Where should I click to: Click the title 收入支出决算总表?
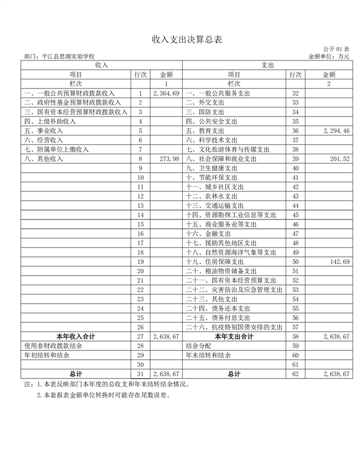coord(179,40)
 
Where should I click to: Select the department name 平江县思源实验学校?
coord(60,56)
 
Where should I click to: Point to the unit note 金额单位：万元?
coord(329,56)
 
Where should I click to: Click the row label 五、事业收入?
coord(44,130)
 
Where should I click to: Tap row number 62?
coord(295,374)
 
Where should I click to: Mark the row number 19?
coord(140,261)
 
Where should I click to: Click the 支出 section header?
coord(267,65)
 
